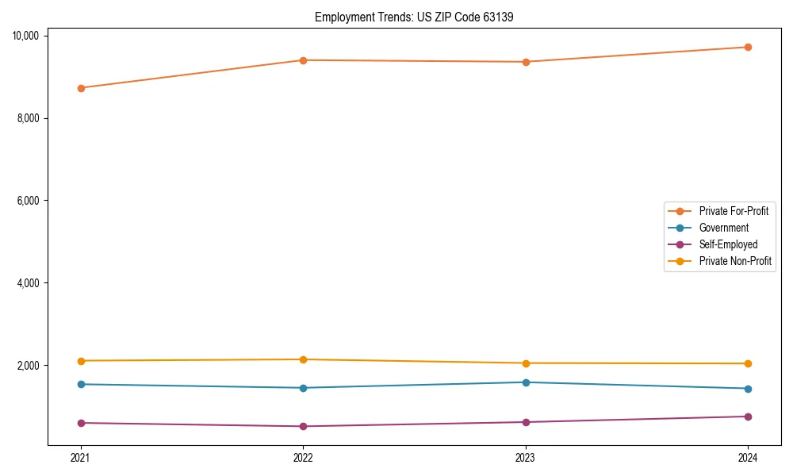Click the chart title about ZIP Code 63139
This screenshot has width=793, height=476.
pyautogui.click(x=414, y=17)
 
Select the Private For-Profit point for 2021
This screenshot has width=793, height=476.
pyautogui.click(x=81, y=88)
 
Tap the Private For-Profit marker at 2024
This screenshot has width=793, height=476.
pyautogui.click(x=748, y=48)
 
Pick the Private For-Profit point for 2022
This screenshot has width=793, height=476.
pyautogui.click(x=303, y=60)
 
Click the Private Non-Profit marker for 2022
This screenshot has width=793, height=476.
pyautogui.click(x=303, y=359)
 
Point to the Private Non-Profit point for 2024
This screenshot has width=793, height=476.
pyautogui.click(x=748, y=363)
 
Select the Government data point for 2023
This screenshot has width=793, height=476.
pyautogui.click(x=526, y=382)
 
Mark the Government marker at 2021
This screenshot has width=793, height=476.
pyautogui.click(x=81, y=384)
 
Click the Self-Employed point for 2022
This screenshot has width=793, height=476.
pyautogui.click(x=303, y=426)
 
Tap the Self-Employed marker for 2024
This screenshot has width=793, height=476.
pyautogui.click(x=748, y=416)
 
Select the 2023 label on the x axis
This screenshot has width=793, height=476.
pyautogui.click(x=526, y=457)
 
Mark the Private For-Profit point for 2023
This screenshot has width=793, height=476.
pyautogui.click(x=526, y=62)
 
